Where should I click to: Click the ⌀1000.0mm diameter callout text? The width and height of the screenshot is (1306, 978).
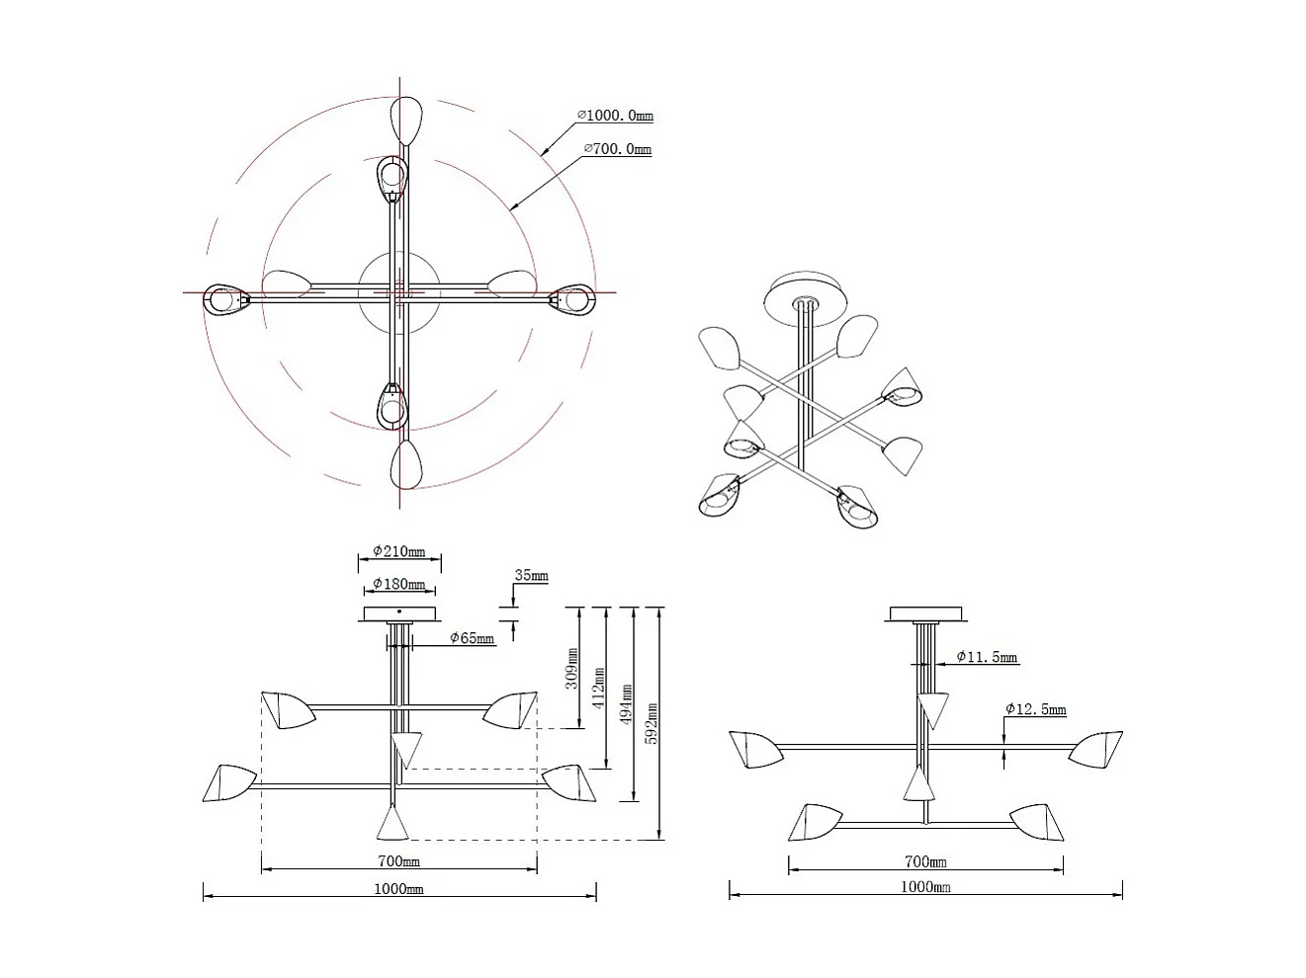pos(615,116)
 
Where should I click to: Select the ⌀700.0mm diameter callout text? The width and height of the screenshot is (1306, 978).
pos(618,148)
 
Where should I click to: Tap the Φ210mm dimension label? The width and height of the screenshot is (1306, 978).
pos(399,551)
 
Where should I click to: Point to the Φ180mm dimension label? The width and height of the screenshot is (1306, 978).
pos(399,584)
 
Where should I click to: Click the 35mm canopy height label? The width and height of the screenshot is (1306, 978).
pos(531,575)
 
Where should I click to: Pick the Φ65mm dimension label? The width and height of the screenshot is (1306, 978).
pos(472,638)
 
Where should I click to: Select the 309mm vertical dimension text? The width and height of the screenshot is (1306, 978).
pos(571,668)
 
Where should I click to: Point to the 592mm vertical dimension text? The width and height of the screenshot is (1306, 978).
pos(653,723)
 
